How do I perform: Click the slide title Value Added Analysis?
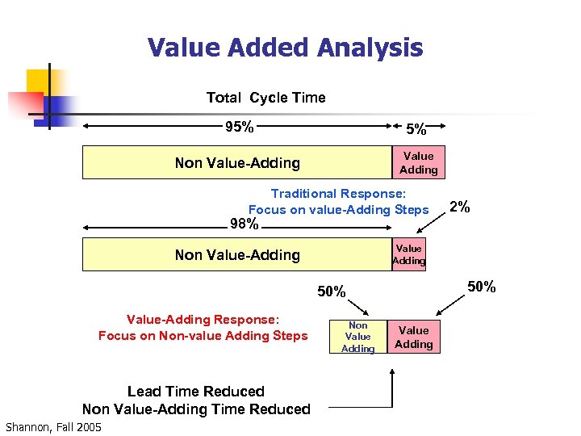[x=285, y=48]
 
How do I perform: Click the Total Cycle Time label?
[x=265, y=98]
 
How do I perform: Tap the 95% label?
[x=240, y=127]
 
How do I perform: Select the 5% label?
[x=416, y=129]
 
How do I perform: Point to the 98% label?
[x=245, y=224]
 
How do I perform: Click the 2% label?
[x=460, y=207]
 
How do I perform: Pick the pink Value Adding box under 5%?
[x=418, y=162]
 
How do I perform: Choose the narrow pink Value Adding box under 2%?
[x=409, y=254]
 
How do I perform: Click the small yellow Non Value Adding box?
[x=357, y=337]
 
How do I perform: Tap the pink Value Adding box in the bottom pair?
[x=414, y=337]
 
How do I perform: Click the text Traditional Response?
[x=339, y=194]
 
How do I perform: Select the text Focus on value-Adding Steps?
[x=338, y=210]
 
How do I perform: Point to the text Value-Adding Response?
[x=203, y=319]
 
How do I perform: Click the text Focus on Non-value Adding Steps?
[x=203, y=336]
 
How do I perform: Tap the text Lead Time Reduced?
[x=196, y=392]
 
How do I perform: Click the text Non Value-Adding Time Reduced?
[x=196, y=409]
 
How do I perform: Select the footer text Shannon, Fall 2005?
[x=53, y=427]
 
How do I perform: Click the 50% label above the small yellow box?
[x=331, y=291]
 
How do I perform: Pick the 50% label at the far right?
[x=483, y=287]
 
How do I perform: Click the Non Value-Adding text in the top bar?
[x=237, y=162]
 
